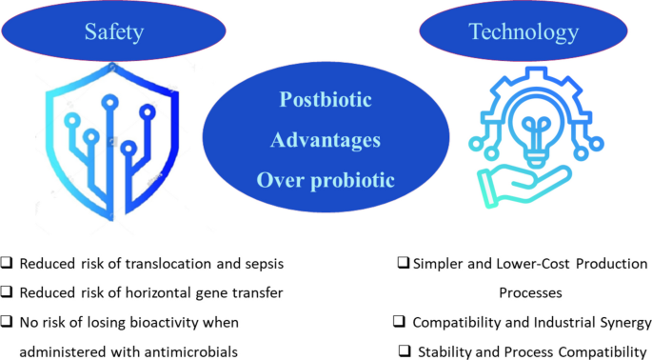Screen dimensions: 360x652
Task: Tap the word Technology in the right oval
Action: (x=523, y=32)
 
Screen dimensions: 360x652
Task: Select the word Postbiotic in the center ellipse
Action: (x=325, y=100)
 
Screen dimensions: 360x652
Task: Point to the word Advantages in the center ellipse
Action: (x=326, y=139)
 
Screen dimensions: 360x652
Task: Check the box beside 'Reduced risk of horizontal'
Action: (x=9, y=292)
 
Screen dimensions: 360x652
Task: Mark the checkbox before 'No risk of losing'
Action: (x=9, y=322)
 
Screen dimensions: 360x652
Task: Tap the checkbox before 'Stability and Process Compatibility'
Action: (x=406, y=350)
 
